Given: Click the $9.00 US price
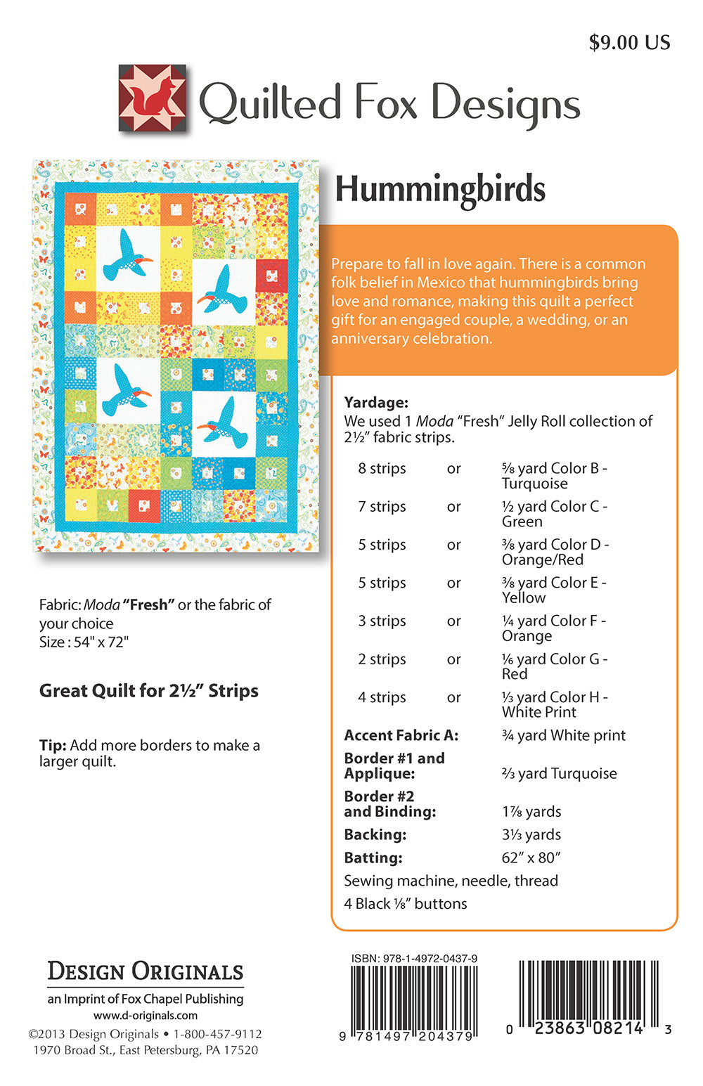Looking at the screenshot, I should [629, 43].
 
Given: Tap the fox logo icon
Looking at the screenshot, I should [153, 98].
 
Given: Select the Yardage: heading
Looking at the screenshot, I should [376, 403].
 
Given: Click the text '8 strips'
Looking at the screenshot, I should [382, 469].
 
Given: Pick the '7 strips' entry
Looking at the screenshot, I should [382, 507].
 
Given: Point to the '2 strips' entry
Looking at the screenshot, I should [382, 659].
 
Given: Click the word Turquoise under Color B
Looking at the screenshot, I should [534, 484].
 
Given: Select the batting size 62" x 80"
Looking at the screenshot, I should [531, 858].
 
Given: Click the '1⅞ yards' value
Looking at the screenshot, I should [531, 811].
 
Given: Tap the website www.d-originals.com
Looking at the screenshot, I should [146, 1016].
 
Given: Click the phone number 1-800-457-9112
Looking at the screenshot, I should [217, 1034].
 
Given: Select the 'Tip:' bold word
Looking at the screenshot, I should [53, 745].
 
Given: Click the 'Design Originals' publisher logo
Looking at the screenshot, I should [146, 972].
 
